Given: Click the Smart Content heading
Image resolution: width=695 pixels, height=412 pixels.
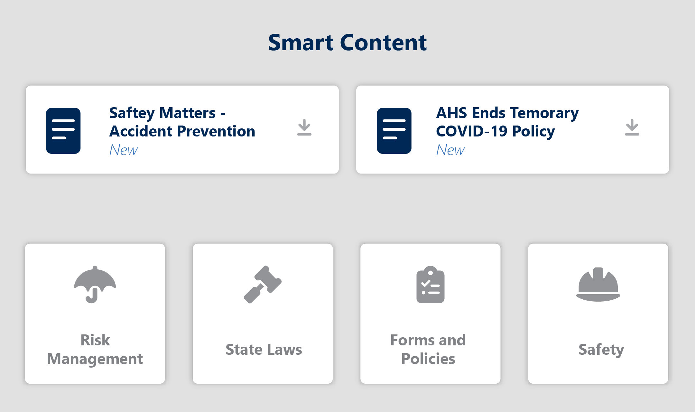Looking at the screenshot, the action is click(347, 42).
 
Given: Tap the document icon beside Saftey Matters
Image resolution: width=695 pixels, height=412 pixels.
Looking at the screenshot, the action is click(63, 131).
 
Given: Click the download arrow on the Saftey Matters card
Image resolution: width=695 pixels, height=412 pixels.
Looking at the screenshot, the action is click(304, 127).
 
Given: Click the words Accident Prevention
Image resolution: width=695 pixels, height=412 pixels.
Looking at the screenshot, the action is click(182, 131).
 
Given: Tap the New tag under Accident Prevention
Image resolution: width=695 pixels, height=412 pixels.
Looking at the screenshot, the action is click(124, 150).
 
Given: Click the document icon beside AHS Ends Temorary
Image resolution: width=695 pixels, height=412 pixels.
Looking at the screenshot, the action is click(394, 131).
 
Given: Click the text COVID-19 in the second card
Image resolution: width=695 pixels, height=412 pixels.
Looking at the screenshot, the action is click(472, 131).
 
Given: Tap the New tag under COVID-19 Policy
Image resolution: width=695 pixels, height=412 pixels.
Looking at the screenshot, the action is click(450, 150).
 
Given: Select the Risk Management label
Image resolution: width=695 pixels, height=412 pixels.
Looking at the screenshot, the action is click(95, 350).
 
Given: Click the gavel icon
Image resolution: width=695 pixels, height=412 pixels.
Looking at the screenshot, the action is click(263, 285).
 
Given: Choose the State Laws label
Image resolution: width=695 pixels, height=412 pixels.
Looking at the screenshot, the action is click(264, 350).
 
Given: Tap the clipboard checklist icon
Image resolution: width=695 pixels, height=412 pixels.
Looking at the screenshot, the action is click(431, 285).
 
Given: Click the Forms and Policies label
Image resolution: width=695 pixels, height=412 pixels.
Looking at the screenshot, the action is click(428, 350).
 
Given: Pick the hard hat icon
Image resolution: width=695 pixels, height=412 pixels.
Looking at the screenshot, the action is click(598, 285).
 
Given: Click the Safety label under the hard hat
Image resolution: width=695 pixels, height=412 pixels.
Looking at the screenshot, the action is click(601, 350).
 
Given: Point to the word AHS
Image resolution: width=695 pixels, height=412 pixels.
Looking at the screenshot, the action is click(451, 113).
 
